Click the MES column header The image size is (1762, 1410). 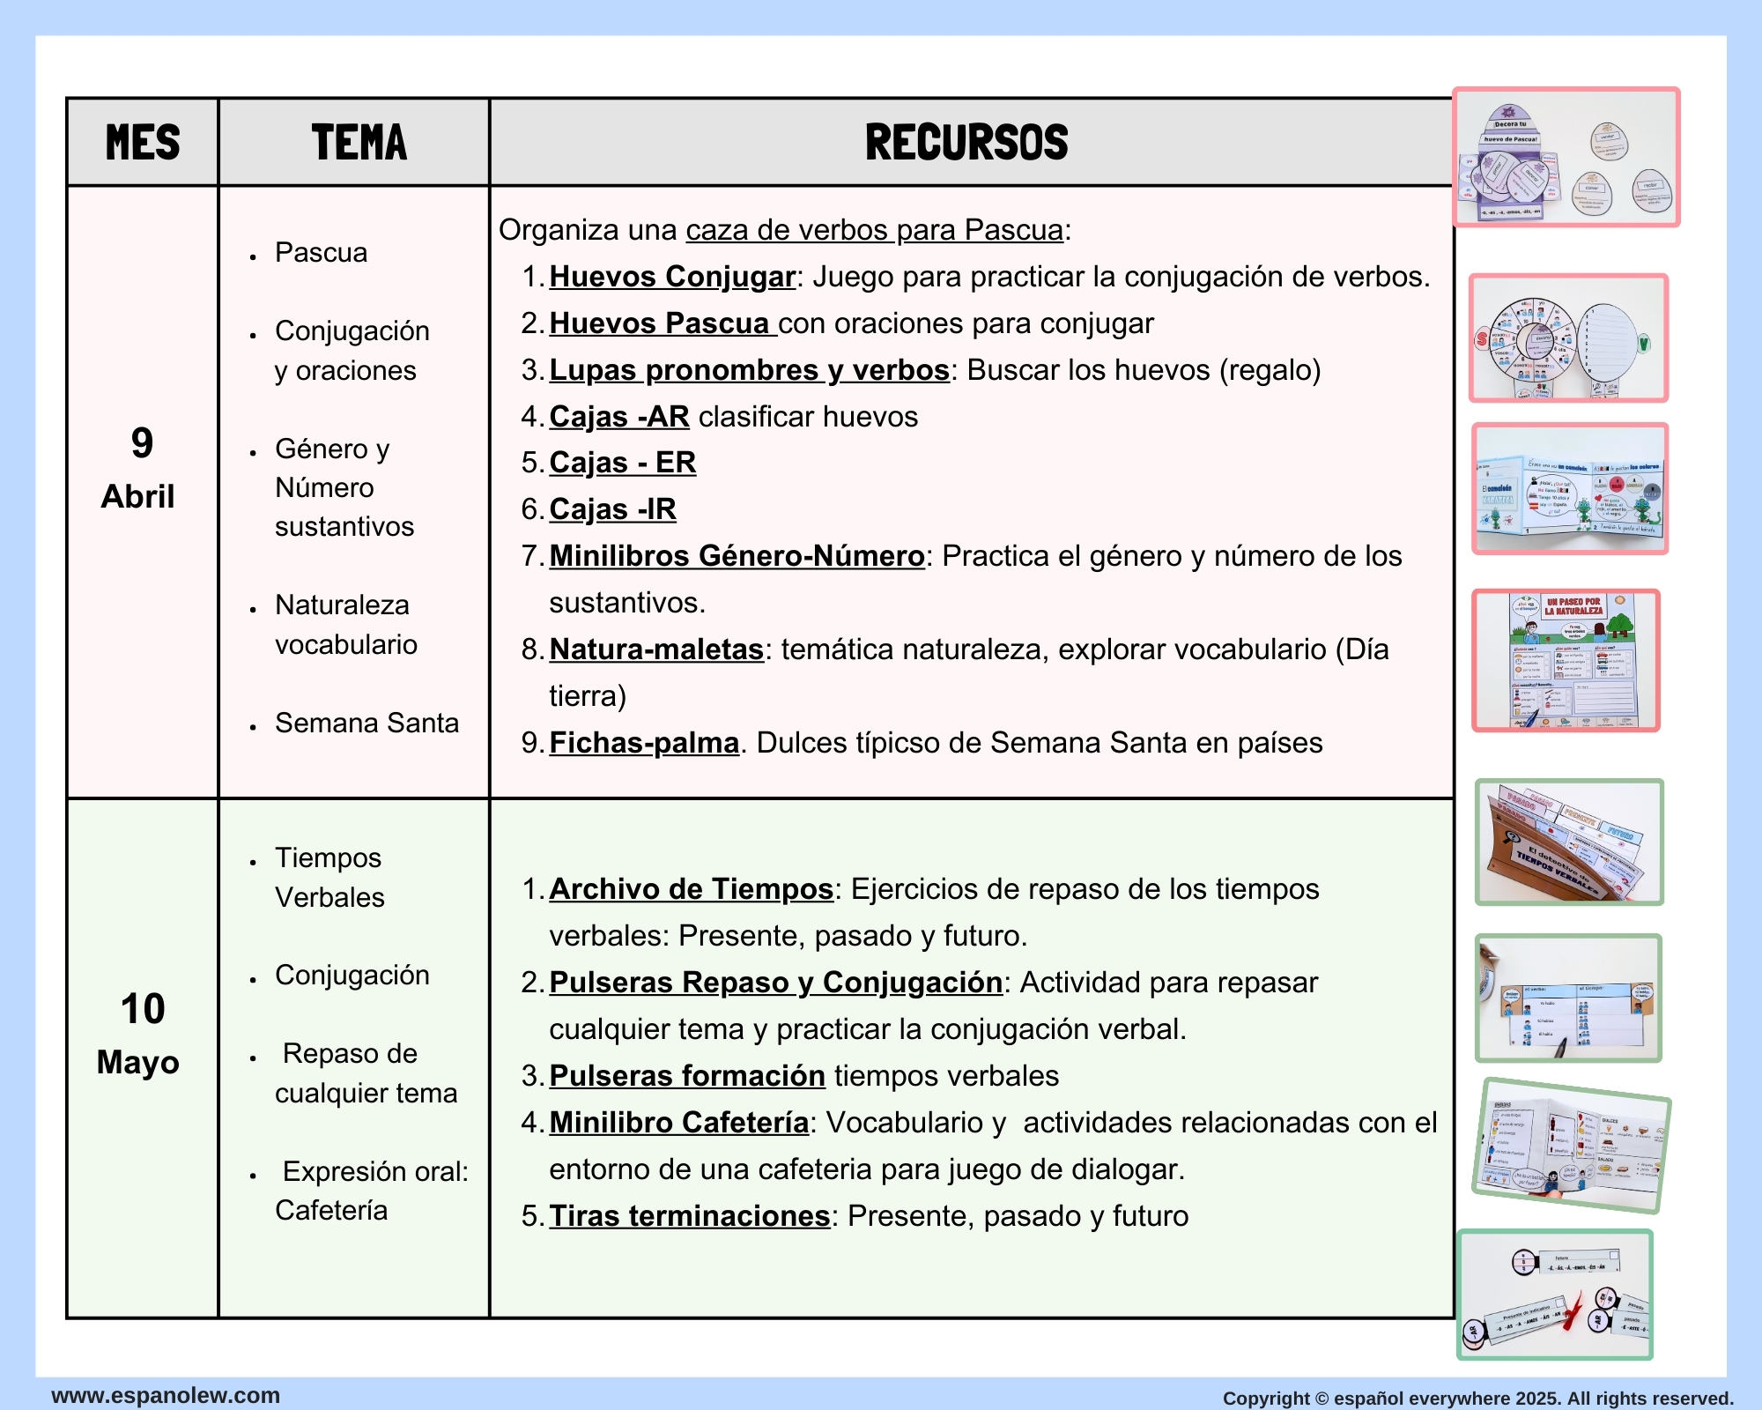click(143, 143)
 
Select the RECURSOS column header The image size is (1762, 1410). click(966, 143)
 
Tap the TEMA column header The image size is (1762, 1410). click(359, 143)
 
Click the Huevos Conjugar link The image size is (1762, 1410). click(671, 277)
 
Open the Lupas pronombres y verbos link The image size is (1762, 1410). click(749, 370)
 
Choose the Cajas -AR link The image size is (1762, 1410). click(618, 417)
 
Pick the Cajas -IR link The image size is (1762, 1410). click(612, 509)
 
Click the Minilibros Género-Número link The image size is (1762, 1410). click(737, 556)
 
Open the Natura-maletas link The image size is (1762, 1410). click(656, 649)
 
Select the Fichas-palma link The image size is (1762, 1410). click(644, 743)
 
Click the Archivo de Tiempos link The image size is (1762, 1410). click(691, 889)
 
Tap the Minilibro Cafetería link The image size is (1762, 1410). click(678, 1123)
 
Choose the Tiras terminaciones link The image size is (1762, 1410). click(689, 1216)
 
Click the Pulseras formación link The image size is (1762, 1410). click(686, 1076)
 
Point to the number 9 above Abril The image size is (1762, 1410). click(142, 443)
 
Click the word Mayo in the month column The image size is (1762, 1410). click(138, 1063)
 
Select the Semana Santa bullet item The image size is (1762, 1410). click(366, 724)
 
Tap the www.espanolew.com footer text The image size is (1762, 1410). click(166, 1396)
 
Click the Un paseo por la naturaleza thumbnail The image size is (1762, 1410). click(1566, 661)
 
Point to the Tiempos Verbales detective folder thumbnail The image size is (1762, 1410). click(1569, 842)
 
